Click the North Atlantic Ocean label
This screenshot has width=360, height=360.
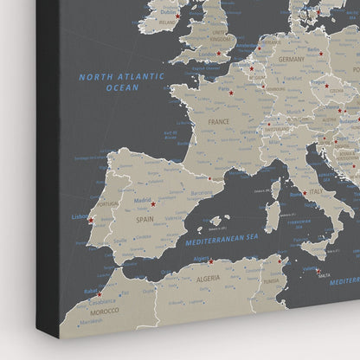(122, 82)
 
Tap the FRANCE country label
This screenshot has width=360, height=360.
(218, 122)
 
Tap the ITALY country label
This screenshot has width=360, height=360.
(316, 191)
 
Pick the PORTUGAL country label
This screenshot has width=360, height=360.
(108, 204)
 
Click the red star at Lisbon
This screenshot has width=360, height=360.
(89, 220)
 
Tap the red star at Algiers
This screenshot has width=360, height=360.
(209, 260)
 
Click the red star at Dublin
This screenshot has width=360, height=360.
(177, 16)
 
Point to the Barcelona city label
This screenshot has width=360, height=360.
(201, 192)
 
